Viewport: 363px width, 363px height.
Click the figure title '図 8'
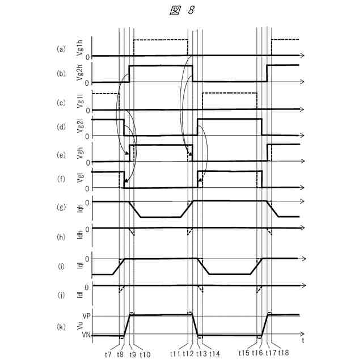tap(181, 11)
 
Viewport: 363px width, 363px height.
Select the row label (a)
tap(61, 49)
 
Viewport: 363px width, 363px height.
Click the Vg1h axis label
tap(79, 47)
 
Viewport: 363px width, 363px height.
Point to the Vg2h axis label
tap(79, 73)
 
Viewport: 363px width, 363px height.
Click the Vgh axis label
tap(79, 154)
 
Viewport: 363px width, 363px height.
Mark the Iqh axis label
tap(79, 209)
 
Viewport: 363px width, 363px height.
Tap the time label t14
tap(214, 352)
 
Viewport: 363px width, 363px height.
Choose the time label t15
tap(244, 352)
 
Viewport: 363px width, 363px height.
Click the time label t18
tap(283, 352)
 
